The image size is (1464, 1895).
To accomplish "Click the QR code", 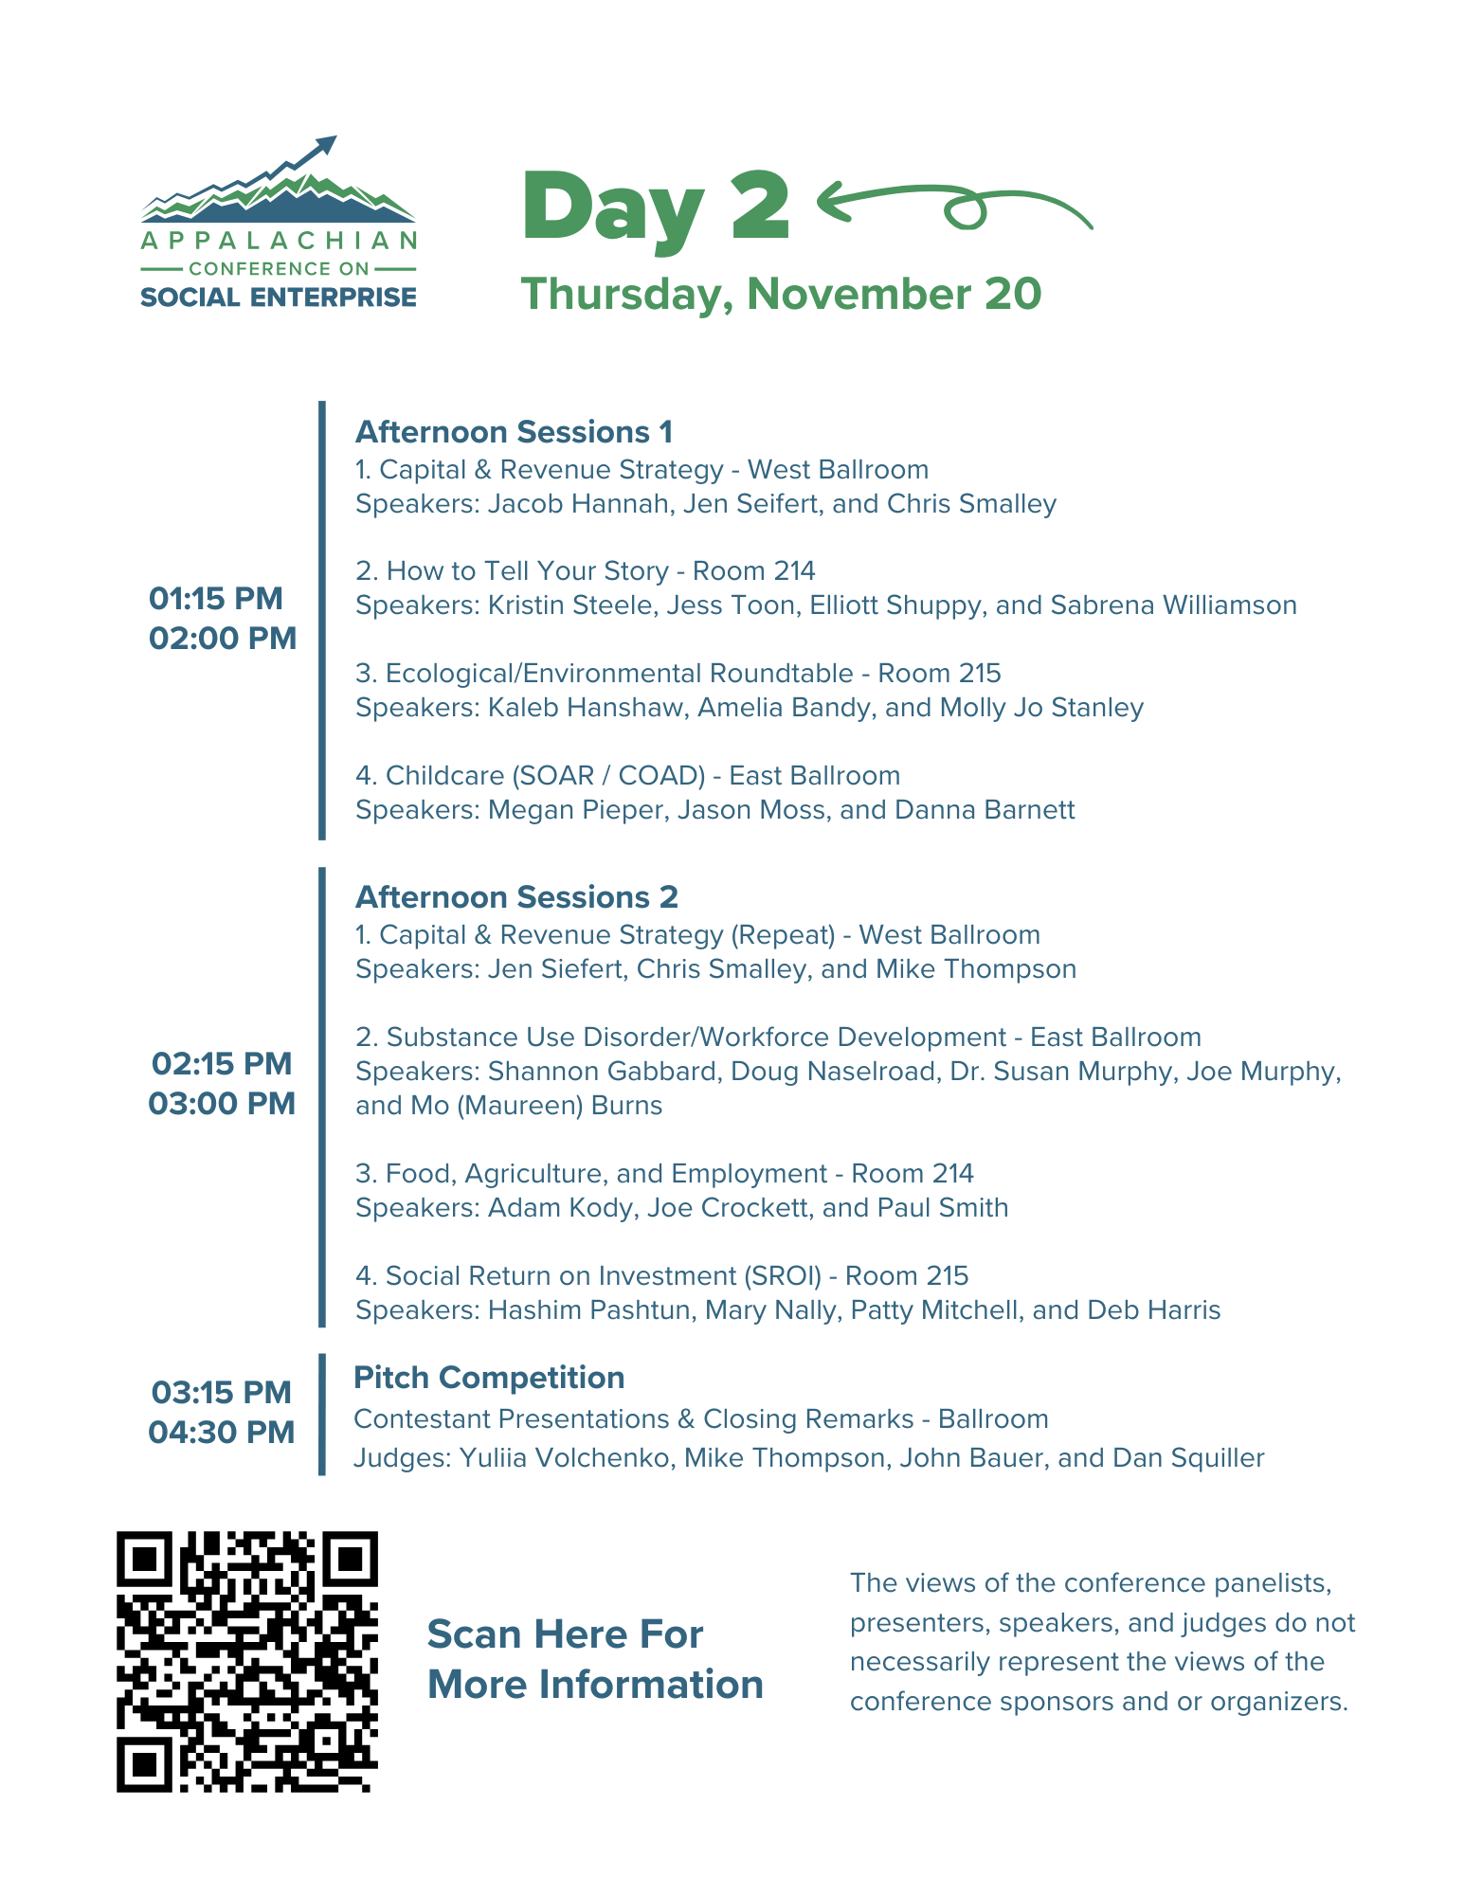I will pos(246,1661).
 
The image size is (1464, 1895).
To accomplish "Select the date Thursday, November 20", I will pos(781,294).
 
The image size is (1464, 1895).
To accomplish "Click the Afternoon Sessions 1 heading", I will pos(514,432).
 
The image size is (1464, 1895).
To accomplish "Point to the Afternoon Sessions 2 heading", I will pos(516,897).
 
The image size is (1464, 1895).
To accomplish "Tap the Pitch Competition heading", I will pos(489,1378).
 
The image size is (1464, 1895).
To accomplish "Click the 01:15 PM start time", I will pos(216,599).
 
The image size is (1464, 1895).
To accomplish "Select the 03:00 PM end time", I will pos(222,1104).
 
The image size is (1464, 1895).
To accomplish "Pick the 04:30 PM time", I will pos(222,1432).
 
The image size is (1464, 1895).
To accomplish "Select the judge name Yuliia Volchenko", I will pos(564,1457).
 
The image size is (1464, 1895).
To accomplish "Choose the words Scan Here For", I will pos(565,1634).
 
